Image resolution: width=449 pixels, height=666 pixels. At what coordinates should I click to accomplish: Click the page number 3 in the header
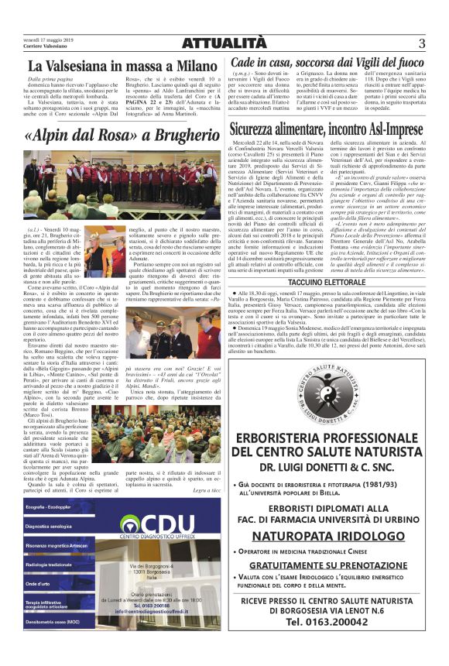[422, 43]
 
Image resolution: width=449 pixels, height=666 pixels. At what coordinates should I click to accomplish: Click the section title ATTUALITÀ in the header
[224, 43]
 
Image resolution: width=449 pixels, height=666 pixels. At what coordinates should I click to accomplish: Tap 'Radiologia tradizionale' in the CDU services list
[48, 565]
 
